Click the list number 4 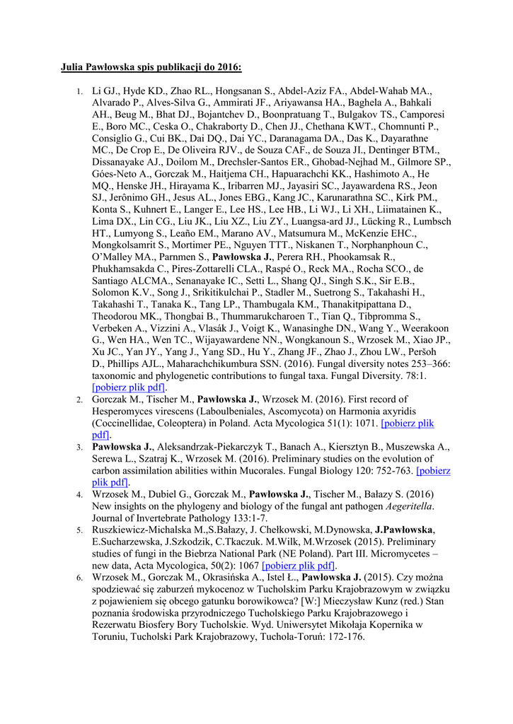pos(80,493)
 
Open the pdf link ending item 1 pos(129,387)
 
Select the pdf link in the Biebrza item pos(298,566)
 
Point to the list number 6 pos(80,578)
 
